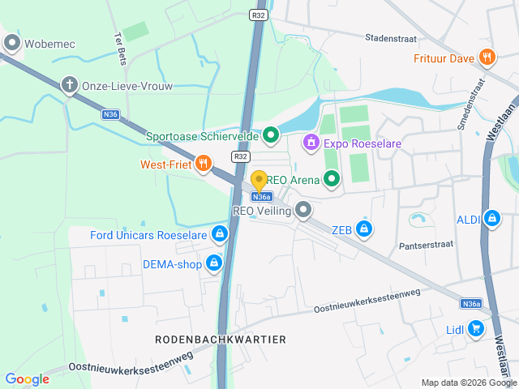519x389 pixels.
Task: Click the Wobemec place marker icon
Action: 11,43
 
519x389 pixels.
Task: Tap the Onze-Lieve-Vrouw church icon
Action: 71,85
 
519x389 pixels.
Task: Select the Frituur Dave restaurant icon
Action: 487,57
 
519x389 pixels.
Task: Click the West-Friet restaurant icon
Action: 203,164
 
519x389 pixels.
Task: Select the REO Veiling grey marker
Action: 304,211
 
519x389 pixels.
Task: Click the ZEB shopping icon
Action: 365,229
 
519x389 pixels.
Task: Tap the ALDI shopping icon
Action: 491,218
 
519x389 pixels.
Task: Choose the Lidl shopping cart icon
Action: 476,329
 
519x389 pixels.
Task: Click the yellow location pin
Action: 259,182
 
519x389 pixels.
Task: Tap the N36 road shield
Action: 111,115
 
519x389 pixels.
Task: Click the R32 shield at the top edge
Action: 259,14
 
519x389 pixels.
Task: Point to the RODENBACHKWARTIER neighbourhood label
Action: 221,339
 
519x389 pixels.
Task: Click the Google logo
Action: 27,378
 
